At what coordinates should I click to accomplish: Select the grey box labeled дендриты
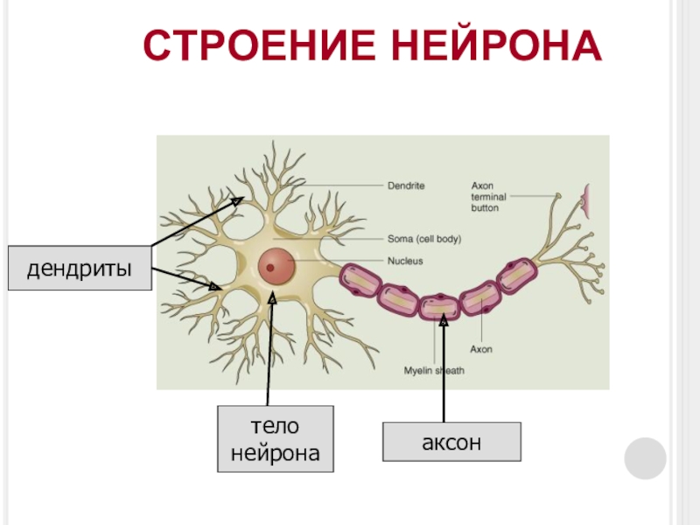pyautogui.click(x=79, y=268)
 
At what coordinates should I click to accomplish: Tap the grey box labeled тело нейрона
pyautogui.click(x=276, y=440)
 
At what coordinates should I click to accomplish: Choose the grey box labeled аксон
pyautogui.click(x=451, y=443)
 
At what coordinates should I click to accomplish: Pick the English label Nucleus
pyautogui.click(x=405, y=261)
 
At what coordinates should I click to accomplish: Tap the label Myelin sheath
pyautogui.click(x=434, y=371)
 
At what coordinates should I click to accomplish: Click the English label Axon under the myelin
pyautogui.click(x=481, y=349)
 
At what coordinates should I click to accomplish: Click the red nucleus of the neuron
pyautogui.click(x=275, y=262)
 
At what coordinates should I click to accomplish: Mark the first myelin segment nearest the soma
pyautogui.click(x=359, y=280)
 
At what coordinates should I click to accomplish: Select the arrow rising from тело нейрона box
pyautogui.click(x=272, y=350)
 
